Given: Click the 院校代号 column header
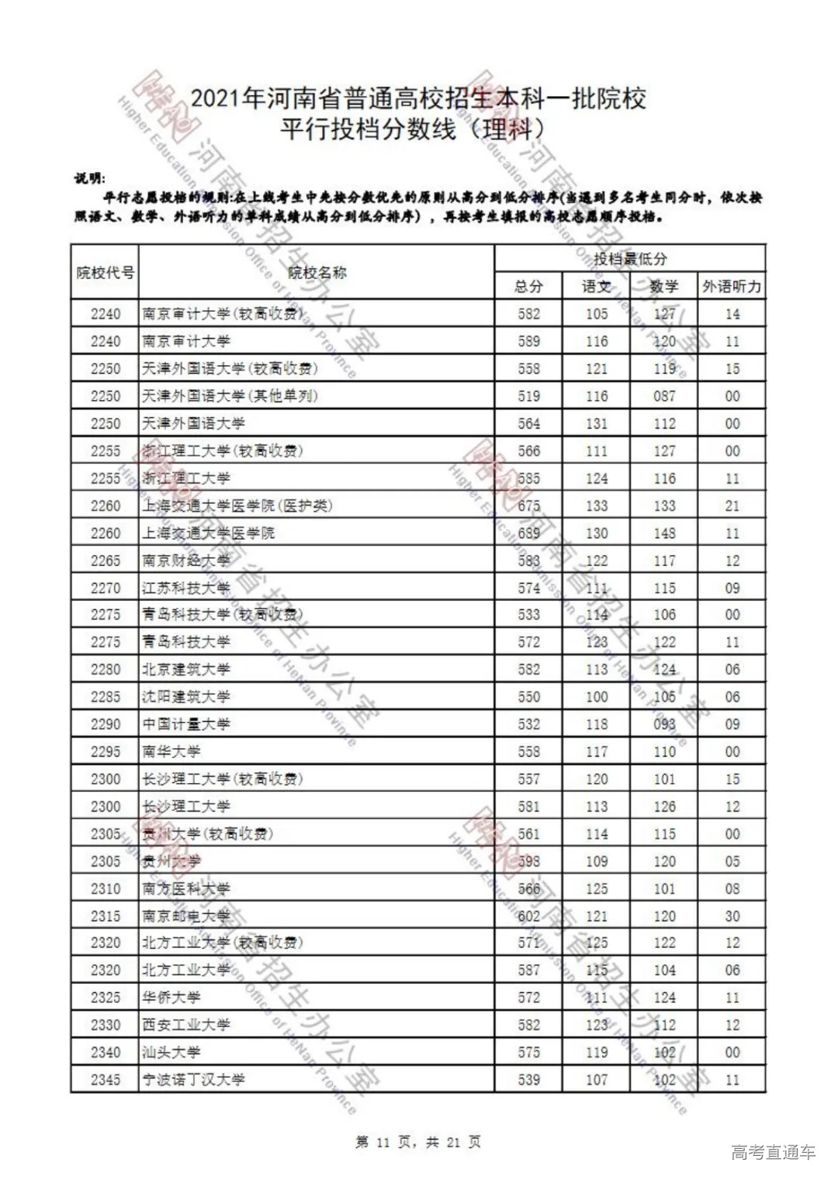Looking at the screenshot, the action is [x=105, y=272].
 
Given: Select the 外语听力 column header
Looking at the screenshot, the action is [x=732, y=287].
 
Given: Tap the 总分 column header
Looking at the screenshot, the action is [x=528, y=287].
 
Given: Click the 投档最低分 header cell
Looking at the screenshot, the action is [x=629, y=259].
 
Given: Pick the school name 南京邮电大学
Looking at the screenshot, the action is [x=186, y=916].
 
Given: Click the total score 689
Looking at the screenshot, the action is [x=528, y=533].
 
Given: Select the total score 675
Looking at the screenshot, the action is [x=528, y=505].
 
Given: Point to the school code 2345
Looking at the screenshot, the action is [x=106, y=1079].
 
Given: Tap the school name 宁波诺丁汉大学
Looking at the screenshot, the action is [x=193, y=1079].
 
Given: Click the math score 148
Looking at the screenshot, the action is [x=664, y=533].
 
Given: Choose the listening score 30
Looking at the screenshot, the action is [x=732, y=916].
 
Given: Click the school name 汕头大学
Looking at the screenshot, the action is [x=171, y=1052].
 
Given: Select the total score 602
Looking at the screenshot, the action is [x=528, y=916].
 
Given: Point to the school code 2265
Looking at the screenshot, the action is [x=106, y=560].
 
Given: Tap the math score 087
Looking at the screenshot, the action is [x=664, y=396].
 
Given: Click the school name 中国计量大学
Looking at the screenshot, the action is [x=186, y=724].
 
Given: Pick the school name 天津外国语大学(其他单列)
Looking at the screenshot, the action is [x=230, y=396].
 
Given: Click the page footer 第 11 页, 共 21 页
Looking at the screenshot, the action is [x=418, y=1142].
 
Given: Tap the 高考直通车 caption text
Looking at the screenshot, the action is [x=773, y=1152].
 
